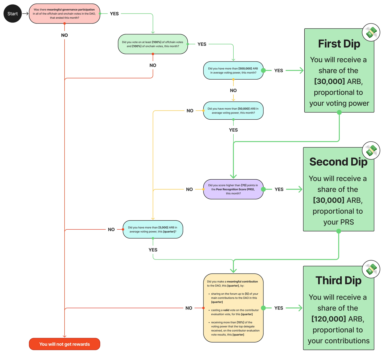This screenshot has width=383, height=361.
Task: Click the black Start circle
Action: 13,14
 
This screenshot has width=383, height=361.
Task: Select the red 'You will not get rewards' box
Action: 64,344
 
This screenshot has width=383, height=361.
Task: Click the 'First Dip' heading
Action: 339,44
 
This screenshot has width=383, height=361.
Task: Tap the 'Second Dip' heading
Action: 338,162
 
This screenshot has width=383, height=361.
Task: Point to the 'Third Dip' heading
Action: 338,280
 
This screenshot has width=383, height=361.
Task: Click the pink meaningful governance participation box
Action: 64,14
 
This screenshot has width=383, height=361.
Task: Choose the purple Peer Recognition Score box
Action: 233,189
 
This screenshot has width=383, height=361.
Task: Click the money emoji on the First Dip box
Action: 371,33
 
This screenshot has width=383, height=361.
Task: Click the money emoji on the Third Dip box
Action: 371,269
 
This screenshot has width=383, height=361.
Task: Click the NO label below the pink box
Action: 64,35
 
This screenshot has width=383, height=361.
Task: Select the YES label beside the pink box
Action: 114,14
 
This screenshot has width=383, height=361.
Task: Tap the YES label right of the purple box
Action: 279,189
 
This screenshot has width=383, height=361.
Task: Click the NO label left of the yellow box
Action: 189,308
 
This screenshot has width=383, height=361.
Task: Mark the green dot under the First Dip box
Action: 339,112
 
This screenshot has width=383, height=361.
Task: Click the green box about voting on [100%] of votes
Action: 153,44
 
